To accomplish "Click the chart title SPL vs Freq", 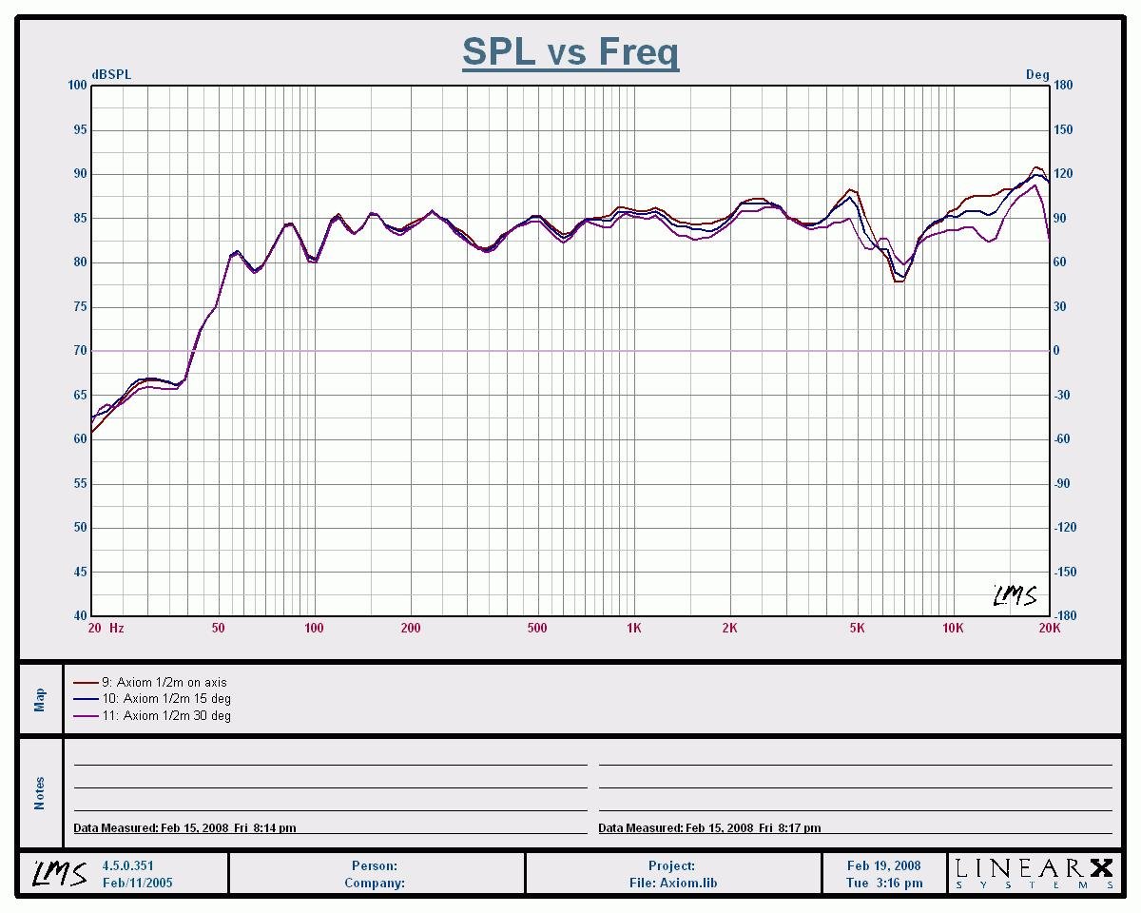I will [570, 51].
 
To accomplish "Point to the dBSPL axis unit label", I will [111, 74].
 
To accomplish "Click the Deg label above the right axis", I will [1037, 74].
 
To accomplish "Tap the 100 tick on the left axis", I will [77, 86].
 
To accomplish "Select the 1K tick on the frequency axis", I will [634, 628].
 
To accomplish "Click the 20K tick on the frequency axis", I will [1049, 628].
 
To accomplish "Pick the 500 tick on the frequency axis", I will [537, 628].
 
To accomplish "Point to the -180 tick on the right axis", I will [1064, 615].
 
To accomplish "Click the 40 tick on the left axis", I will [80, 615].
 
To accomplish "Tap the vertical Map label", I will [40, 699].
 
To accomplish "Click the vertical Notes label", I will [40, 792].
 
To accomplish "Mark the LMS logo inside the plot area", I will [1015, 595].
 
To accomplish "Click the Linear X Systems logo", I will [1034, 872].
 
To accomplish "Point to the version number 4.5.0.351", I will [127, 866].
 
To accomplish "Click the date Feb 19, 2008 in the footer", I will [883, 866].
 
